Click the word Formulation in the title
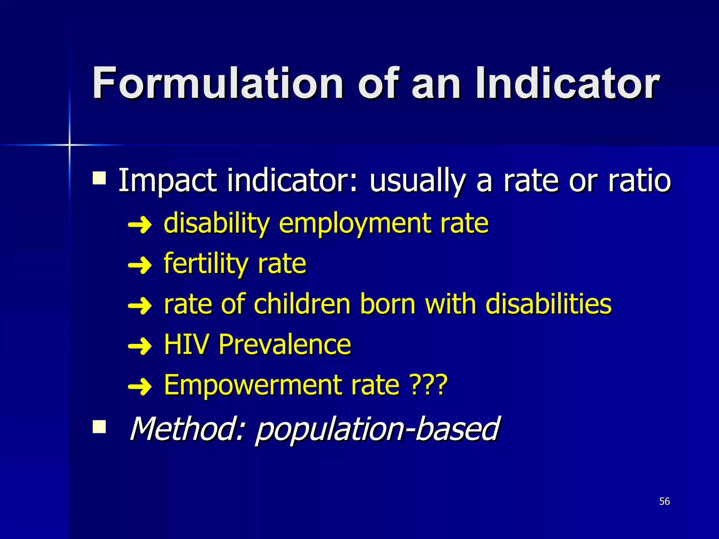click(x=218, y=84)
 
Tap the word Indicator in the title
click(x=567, y=84)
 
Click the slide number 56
click(x=664, y=501)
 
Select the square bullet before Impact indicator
click(x=99, y=178)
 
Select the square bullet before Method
click(x=99, y=427)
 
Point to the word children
click(x=302, y=304)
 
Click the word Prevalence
click(x=284, y=345)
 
